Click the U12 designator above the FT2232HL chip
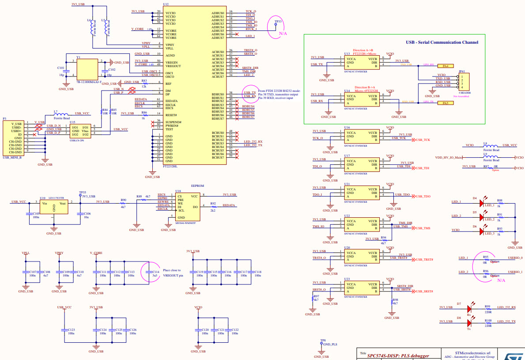coord(166,4)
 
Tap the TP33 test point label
coord(278,21)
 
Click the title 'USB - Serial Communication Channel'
coord(442,42)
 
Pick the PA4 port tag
coord(446,66)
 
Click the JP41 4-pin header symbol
coord(464,82)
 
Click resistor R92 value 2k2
coord(213,210)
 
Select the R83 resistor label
coord(144,81)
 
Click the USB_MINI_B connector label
coord(12,157)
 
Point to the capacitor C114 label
coord(155,272)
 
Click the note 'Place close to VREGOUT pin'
coord(173,273)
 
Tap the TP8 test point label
coord(323,340)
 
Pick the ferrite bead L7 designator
coord(55,111)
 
